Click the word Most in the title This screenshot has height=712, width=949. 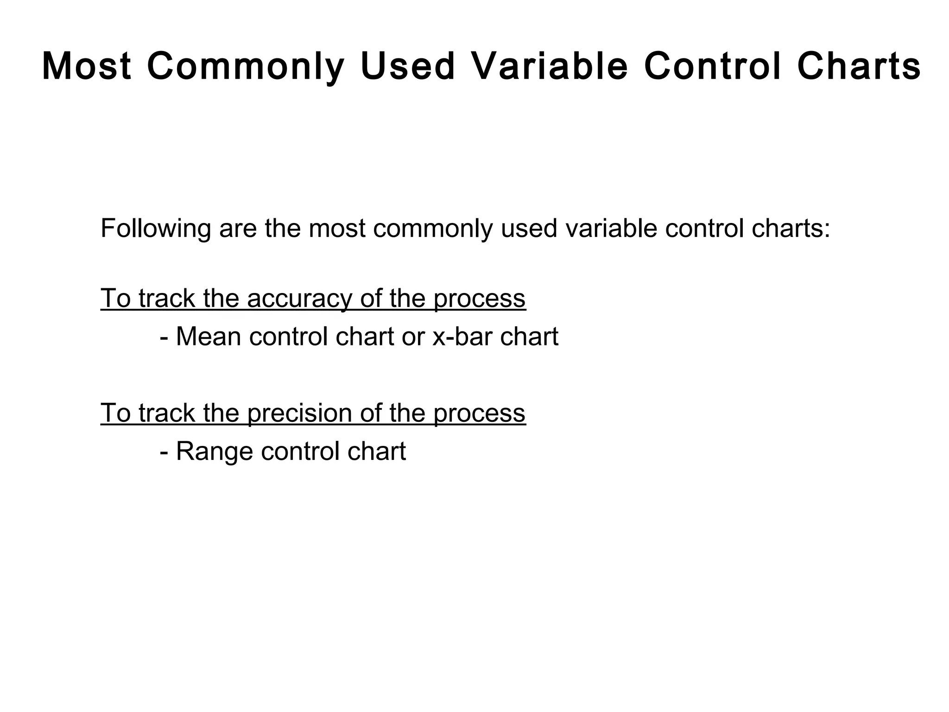click(x=87, y=66)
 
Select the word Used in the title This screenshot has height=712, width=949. click(x=407, y=66)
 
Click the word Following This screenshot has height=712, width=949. click(x=155, y=229)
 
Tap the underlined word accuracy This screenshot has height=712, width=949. click(x=299, y=298)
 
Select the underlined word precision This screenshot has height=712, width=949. click(x=299, y=413)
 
